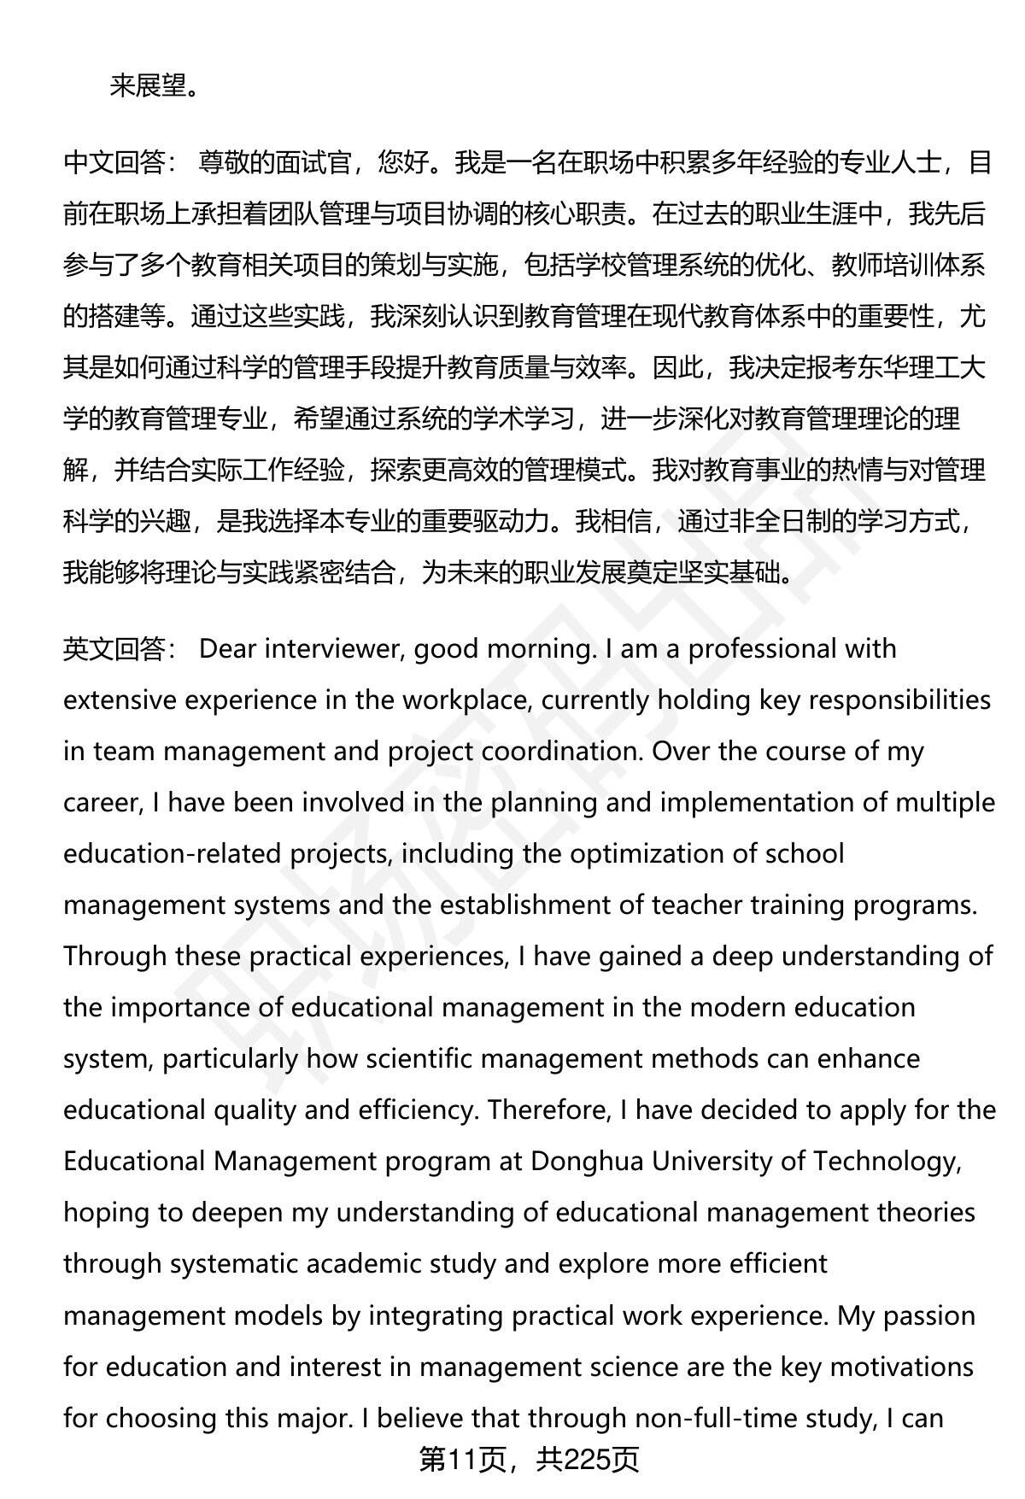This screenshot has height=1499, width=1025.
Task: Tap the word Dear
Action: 228,649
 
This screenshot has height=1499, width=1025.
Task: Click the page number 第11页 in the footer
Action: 461,1460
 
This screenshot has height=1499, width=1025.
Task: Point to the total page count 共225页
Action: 588,1460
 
